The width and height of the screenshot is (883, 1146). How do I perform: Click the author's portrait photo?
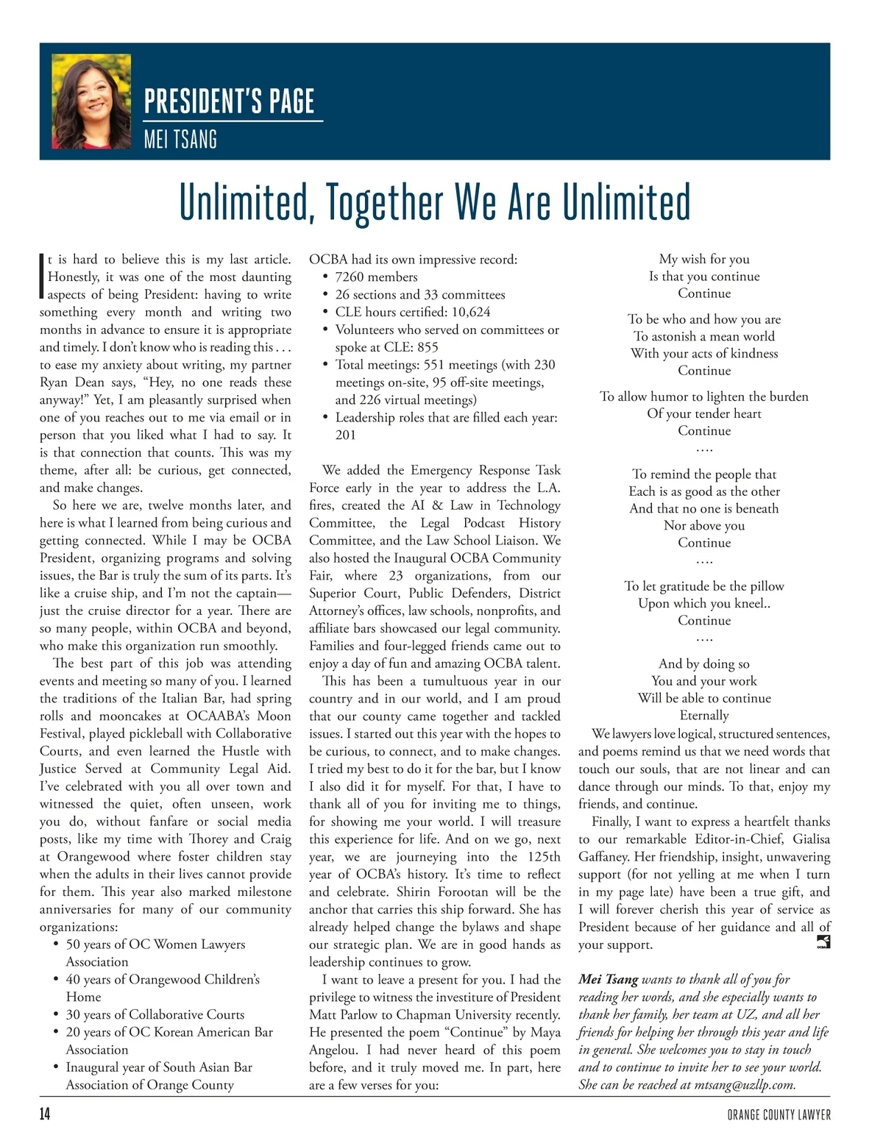[92, 102]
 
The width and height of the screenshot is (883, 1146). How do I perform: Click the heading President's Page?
[230, 102]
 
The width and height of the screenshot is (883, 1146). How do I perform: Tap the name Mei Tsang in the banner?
[180, 139]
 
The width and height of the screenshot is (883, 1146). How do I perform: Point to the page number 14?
[45, 1114]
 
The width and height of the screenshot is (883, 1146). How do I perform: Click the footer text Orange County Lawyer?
[779, 1115]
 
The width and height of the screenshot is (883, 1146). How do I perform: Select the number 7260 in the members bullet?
[350, 277]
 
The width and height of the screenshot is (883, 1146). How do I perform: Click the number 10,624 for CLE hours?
[471, 312]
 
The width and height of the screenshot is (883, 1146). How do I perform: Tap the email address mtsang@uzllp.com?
[744, 1085]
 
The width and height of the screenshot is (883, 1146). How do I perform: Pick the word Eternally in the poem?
[704, 716]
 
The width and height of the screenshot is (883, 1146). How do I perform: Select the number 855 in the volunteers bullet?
[428, 347]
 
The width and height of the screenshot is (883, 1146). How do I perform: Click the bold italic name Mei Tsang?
[609, 980]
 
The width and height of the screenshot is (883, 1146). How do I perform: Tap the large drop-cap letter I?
[42, 277]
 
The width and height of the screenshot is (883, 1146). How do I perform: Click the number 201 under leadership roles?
[346, 435]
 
